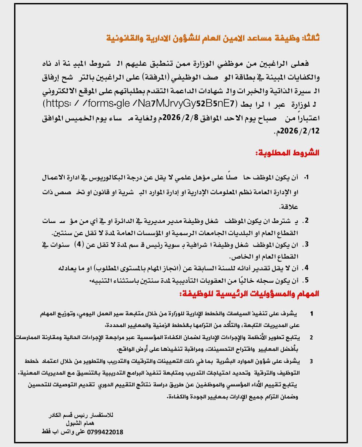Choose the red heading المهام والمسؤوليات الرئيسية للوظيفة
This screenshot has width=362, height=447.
[x=248, y=294]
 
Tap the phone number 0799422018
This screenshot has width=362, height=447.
[x=105, y=432]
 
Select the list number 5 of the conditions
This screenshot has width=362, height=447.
[x=306, y=280]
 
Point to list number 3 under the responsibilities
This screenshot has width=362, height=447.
[x=311, y=361]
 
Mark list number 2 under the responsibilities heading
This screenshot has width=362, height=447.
[x=311, y=337]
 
